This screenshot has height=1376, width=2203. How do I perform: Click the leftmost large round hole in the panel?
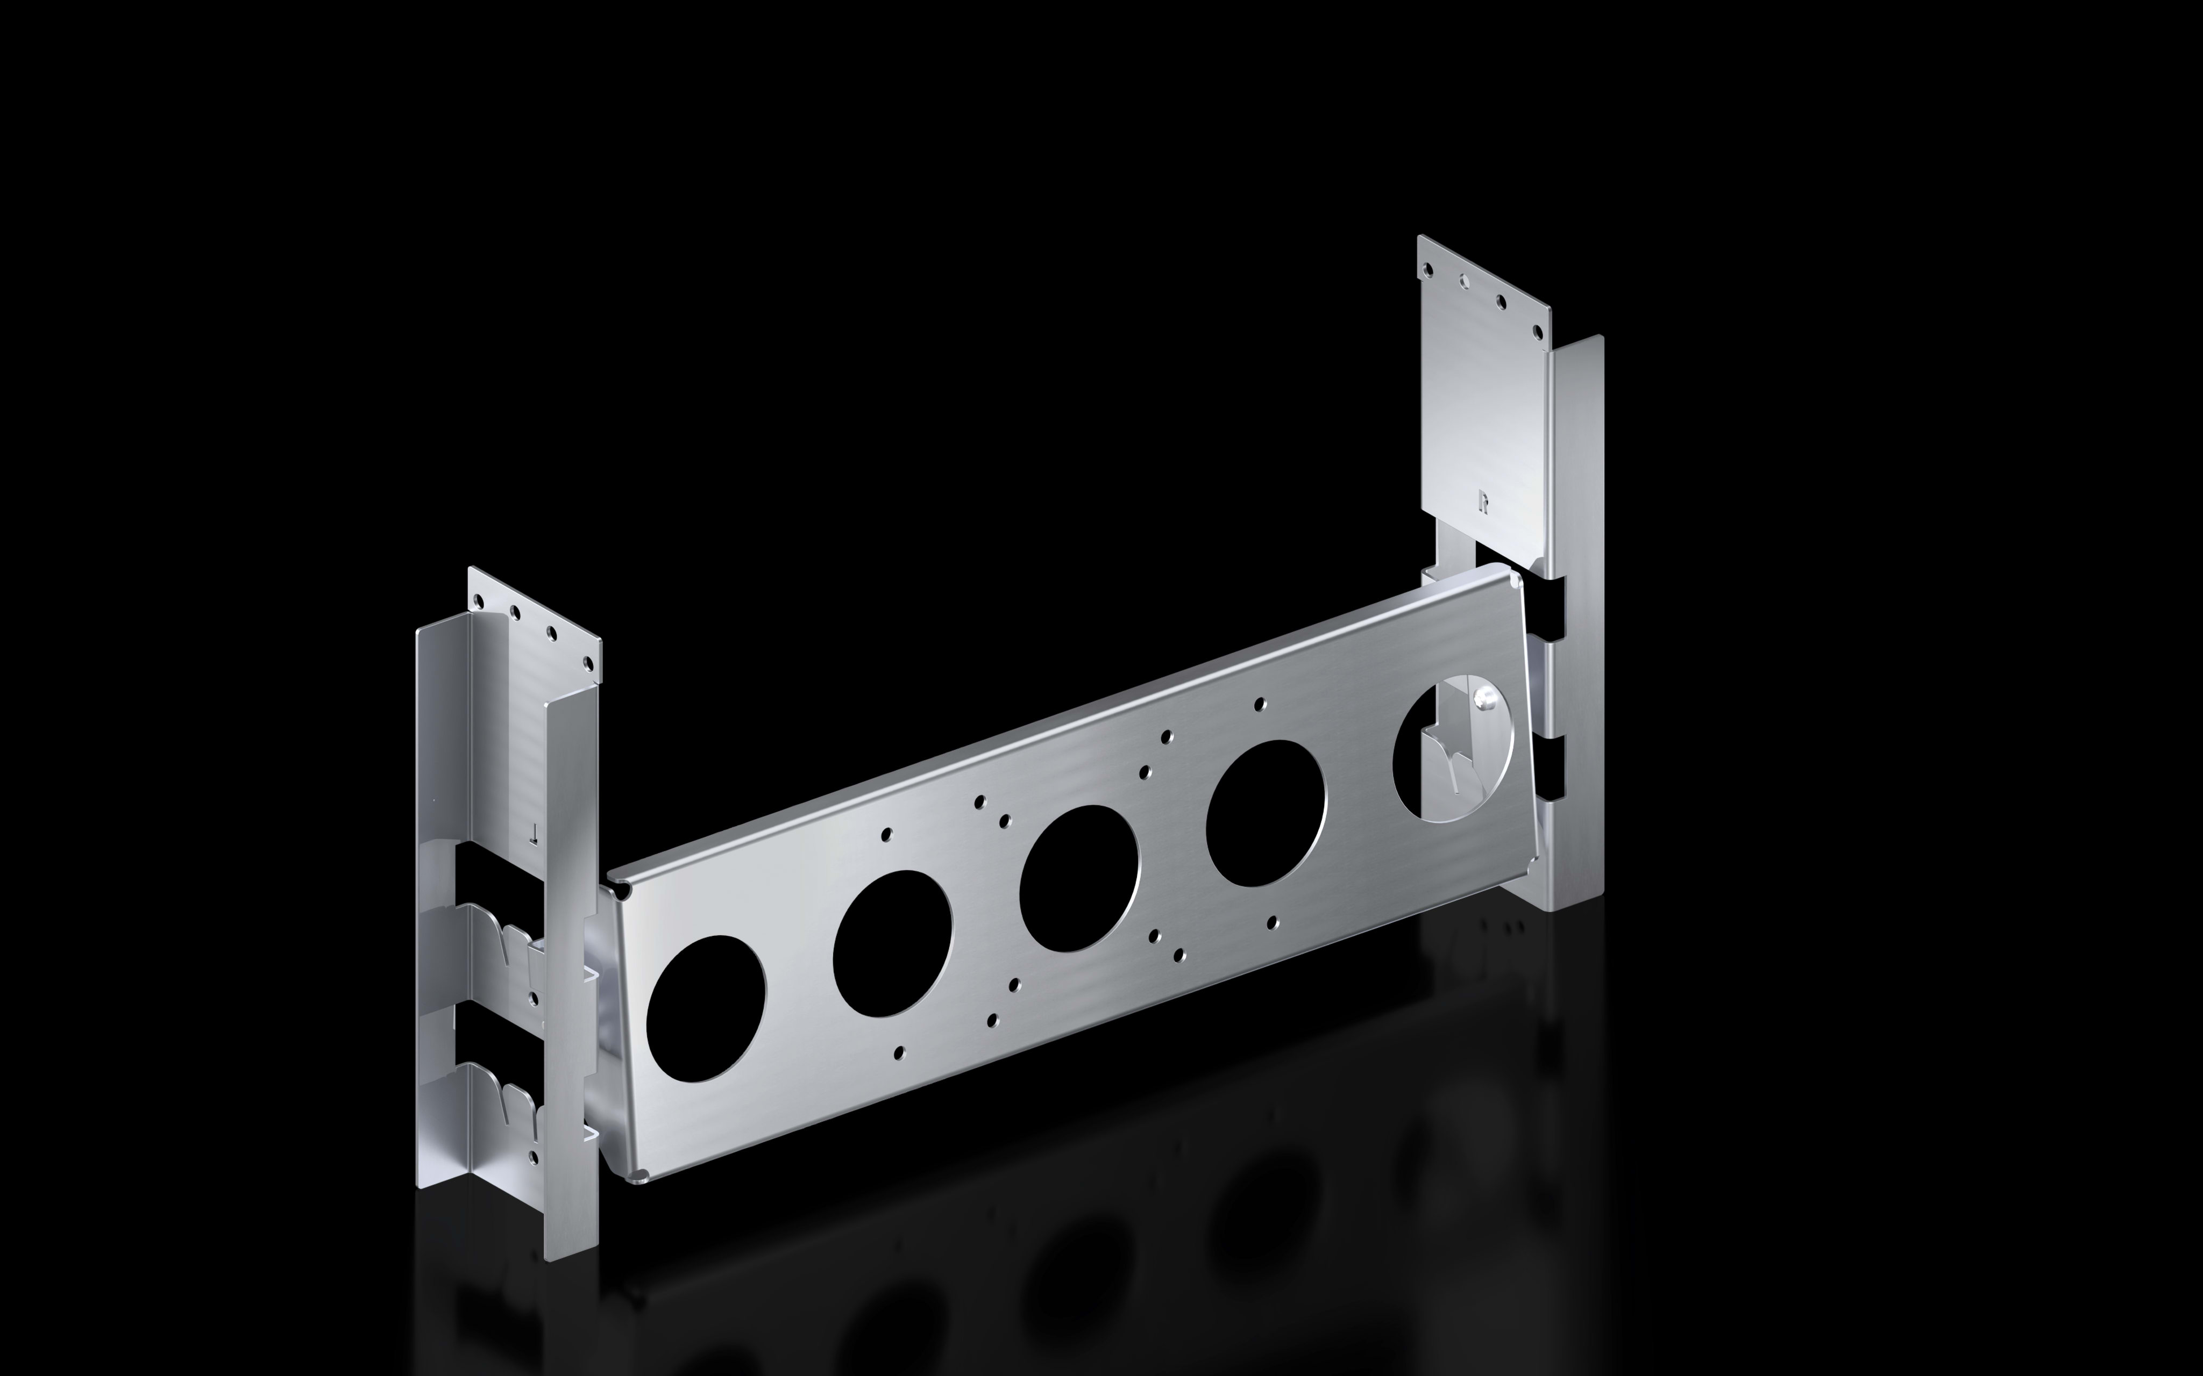(x=706, y=1008)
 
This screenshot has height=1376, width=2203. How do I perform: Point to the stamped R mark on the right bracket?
(x=1483, y=500)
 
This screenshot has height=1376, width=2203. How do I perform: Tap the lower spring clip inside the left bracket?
(x=510, y=1099)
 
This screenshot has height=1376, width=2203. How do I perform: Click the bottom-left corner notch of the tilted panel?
(x=641, y=1176)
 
